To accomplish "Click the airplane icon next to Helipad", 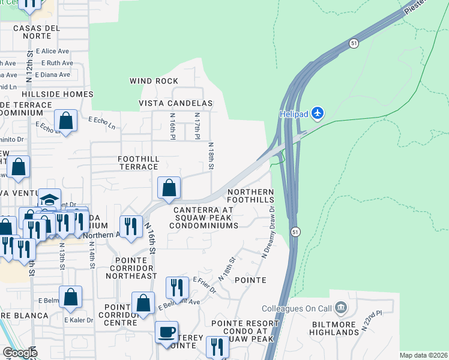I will pyautogui.click(x=318, y=113).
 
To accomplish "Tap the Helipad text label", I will pyautogui.click(x=294, y=113).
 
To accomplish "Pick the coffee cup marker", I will pyautogui.click(x=166, y=332).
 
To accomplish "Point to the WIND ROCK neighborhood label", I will pyautogui.click(x=154, y=81).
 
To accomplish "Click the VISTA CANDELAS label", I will pyautogui.click(x=176, y=103).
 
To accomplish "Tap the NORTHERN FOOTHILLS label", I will pyautogui.click(x=251, y=196).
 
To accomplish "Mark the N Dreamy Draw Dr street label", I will pyautogui.click(x=268, y=233).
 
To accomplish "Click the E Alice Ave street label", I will pyautogui.click(x=53, y=52).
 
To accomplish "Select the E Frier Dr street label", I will pyautogui.click(x=204, y=286).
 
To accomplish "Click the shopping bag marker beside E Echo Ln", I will pyautogui.click(x=66, y=121).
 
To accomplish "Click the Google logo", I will pyautogui.click(x=20, y=353).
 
